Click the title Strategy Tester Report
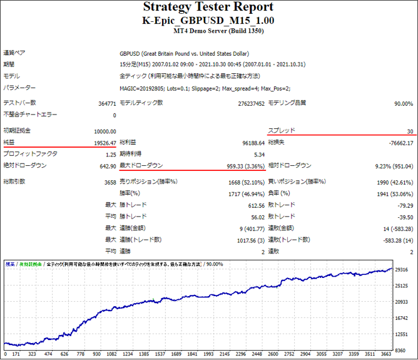coord(208,8)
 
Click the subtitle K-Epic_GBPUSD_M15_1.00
coord(208,20)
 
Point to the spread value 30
coord(409,131)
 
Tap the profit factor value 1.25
coord(110,154)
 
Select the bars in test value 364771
coord(104,103)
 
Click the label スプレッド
coord(281,131)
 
